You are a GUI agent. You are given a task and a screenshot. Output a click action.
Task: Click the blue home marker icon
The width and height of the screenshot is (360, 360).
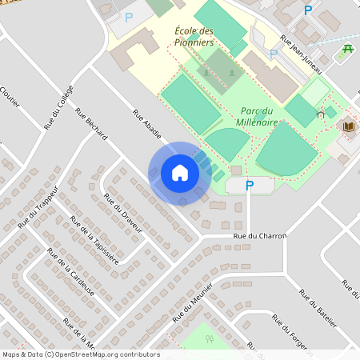(180, 173)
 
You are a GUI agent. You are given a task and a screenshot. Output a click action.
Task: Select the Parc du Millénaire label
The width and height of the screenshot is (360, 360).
(258, 116)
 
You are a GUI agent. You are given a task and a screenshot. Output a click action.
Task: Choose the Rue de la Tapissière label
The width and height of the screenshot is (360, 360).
(94, 239)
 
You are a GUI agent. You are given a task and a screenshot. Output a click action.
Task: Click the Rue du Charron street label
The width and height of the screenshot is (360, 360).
(259, 236)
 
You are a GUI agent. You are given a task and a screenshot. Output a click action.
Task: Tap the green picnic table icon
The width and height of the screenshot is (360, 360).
(348, 50)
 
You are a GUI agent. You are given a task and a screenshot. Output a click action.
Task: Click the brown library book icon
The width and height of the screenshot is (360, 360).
(349, 126)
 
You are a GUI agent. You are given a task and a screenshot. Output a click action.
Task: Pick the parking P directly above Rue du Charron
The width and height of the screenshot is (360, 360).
(249, 186)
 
